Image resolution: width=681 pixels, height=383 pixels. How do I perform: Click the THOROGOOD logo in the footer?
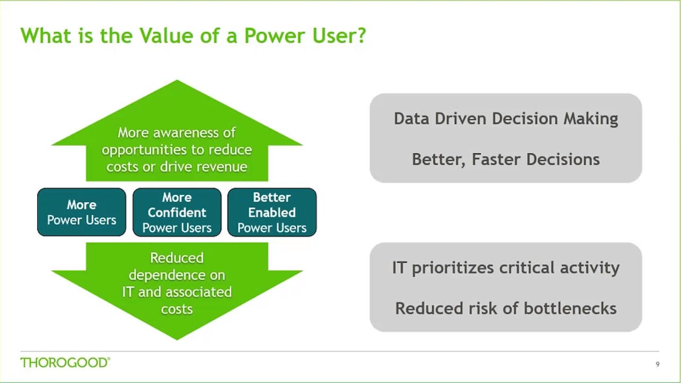click(65, 363)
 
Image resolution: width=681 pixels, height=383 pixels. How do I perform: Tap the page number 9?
click(658, 364)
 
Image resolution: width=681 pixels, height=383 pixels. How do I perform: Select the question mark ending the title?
click(361, 36)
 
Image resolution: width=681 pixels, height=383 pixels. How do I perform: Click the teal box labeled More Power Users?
click(81, 212)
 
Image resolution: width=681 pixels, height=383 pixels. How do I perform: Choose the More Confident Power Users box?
click(177, 212)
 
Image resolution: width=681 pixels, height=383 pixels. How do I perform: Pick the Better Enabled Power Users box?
click(272, 212)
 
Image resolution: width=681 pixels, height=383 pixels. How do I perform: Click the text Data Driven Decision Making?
click(505, 119)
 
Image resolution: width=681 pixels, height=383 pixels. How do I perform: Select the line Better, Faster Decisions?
click(505, 160)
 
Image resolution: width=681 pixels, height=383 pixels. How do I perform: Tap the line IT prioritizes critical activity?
click(505, 268)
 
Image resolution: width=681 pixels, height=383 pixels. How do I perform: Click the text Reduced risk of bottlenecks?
click(505, 309)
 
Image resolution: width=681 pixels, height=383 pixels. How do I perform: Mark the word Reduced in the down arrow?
click(177, 258)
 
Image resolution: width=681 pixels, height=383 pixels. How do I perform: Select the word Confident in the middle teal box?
click(177, 213)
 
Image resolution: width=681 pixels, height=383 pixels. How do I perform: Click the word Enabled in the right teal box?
click(272, 213)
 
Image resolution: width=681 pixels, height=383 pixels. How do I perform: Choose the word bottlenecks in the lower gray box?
click(570, 309)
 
